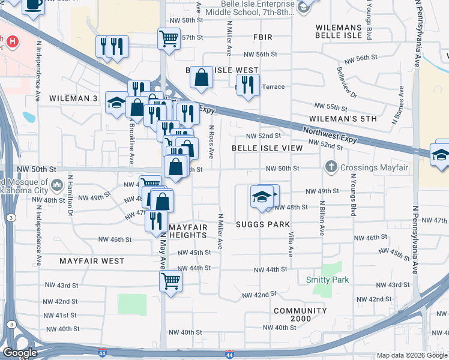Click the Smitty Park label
pyautogui.click(x=327, y=280)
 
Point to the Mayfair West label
pyautogui.click(x=92, y=261)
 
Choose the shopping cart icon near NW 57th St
pyautogui.click(x=169, y=39)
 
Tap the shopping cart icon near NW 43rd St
pyautogui.click(x=170, y=280)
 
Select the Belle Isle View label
pyautogui.click(x=267, y=148)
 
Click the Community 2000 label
pyautogui.click(x=300, y=314)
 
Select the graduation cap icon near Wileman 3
pyautogui.click(x=116, y=102)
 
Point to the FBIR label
pyautogui.click(x=263, y=37)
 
